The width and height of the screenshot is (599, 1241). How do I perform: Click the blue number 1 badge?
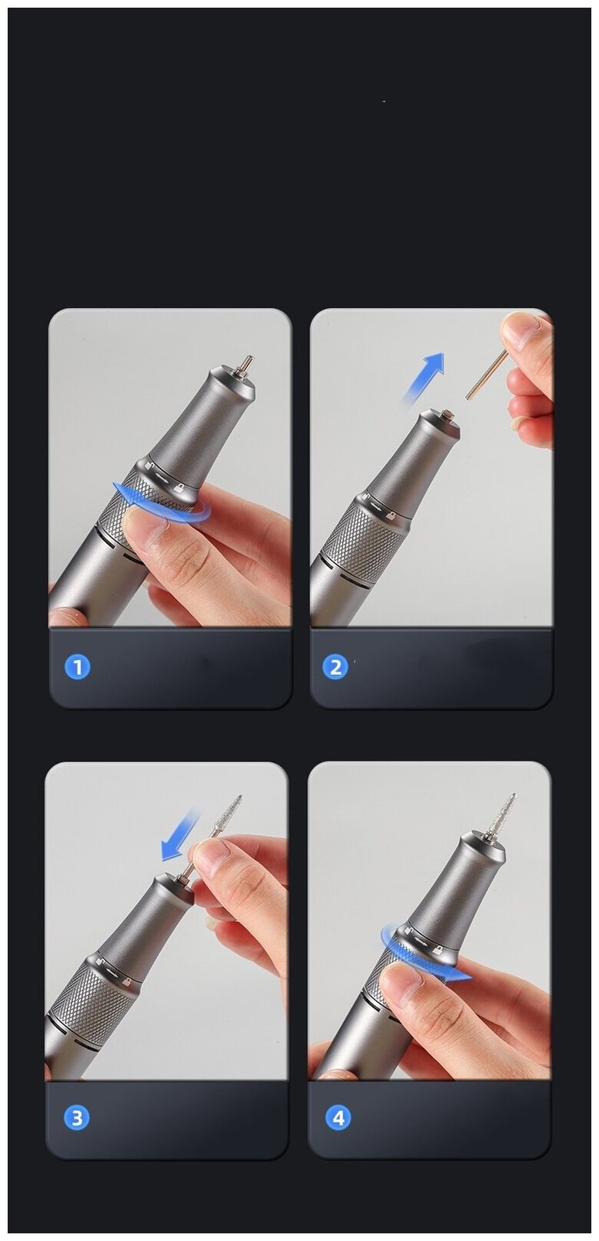tap(77, 667)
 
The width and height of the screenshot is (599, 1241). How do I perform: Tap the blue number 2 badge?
tap(336, 667)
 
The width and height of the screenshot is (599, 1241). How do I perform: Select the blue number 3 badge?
tap(77, 1118)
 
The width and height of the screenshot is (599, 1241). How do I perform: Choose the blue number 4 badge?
tap(338, 1118)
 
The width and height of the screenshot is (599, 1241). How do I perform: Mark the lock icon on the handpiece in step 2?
tap(391, 516)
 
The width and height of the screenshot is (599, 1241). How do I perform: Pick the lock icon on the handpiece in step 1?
tap(178, 489)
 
